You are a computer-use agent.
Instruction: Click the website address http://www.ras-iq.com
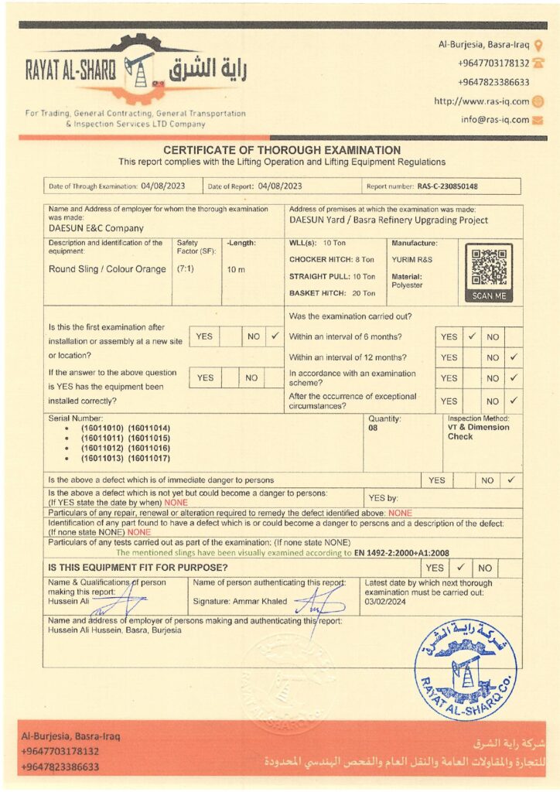pos(481,101)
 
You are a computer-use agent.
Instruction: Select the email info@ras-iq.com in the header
pos(495,120)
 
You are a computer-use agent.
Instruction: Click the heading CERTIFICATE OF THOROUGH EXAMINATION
pos(282,150)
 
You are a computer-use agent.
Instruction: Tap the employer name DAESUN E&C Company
pos(96,228)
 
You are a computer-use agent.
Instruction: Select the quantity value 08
pos(374,427)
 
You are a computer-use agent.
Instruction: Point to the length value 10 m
pos(237,269)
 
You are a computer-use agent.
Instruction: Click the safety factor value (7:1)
pos(186,269)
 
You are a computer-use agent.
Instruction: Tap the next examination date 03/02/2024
pos(385,600)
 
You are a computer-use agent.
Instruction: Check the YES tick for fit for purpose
pos(460,568)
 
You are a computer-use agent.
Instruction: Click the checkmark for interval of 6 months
pos(471,337)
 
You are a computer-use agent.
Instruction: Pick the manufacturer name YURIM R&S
pos(411,259)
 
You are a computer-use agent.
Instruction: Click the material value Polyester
pos(407,285)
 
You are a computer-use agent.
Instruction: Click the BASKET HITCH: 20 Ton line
pos(332,293)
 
